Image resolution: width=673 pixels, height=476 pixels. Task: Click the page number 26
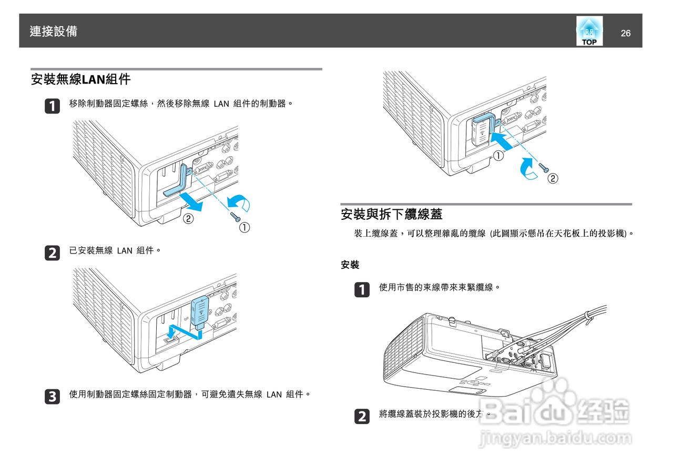[x=625, y=34]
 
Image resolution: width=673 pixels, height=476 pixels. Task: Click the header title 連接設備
[x=54, y=32]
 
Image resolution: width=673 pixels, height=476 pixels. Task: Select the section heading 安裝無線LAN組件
[x=80, y=80]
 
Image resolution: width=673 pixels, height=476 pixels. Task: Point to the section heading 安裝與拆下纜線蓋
[x=392, y=214]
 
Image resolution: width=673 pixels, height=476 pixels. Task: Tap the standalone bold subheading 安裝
[x=350, y=265]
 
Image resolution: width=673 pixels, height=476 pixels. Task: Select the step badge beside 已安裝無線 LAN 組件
[x=52, y=252]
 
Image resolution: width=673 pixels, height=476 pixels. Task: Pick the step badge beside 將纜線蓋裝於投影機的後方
[x=361, y=417]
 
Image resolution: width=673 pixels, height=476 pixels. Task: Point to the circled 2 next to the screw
[x=553, y=178]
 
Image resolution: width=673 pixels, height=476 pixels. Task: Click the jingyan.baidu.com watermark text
[x=555, y=438]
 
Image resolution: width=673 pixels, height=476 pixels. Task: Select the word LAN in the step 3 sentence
[x=274, y=394]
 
